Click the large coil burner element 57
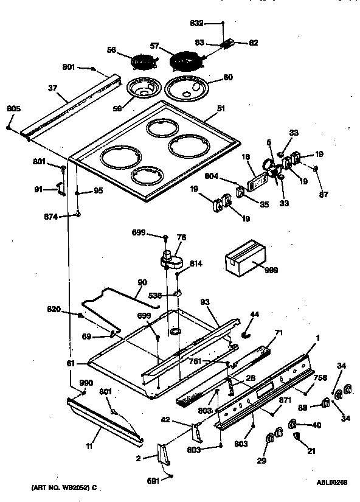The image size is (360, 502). click(x=185, y=63)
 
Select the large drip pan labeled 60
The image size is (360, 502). click(x=189, y=88)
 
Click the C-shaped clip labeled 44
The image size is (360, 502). click(x=246, y=333)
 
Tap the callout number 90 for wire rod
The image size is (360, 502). click(x=142, y=282)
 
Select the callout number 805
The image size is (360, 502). click(x=13, y=109)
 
